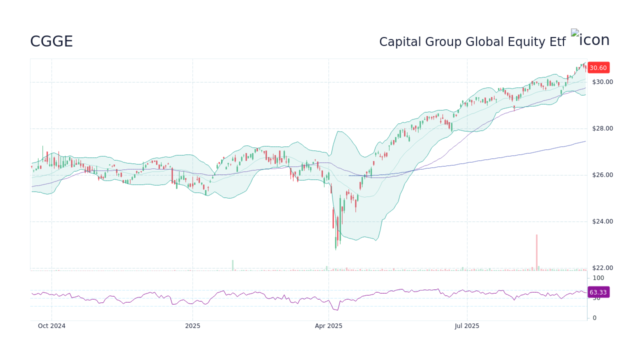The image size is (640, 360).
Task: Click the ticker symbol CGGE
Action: (x=51, y=41)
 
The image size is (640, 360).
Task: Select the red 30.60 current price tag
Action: (x=598, y=68)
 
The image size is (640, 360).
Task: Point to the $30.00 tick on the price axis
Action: (x=602, y=82)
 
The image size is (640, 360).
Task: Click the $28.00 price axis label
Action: (x=602, y=128)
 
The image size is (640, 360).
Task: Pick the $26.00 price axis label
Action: (x=602, y=175)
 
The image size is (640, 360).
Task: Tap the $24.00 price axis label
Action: (x=602, y=221)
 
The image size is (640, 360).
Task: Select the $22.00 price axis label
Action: (x=602, y=268)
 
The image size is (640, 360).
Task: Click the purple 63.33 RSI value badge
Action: (x=598, y=292)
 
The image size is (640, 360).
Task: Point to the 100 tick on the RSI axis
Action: (x=598, y=278)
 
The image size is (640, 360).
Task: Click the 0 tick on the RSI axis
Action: (x=594, y=318)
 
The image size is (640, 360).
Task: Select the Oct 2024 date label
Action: (x=51, y=326)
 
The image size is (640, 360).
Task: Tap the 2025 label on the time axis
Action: (x=192, y=326)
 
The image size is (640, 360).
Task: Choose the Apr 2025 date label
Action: (x=328, y=326)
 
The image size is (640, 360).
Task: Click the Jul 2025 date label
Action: (x=467, y=326)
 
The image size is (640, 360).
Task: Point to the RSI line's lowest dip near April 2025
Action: (x=338, y=310)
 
